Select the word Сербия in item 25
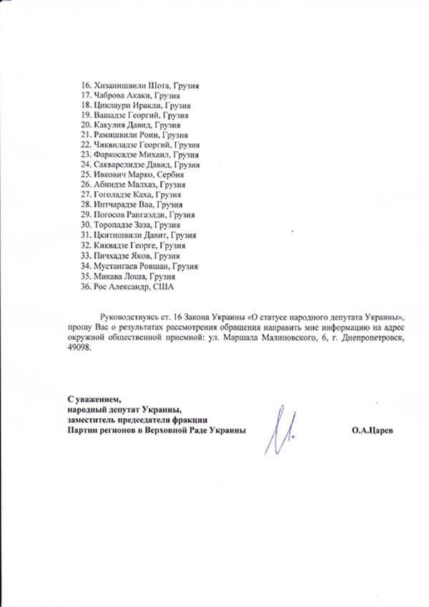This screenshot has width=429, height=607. click(x=170, y=175)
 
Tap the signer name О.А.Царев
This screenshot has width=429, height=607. click(x=372, y=431)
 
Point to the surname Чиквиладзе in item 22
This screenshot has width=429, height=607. click(x=117, y=145)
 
